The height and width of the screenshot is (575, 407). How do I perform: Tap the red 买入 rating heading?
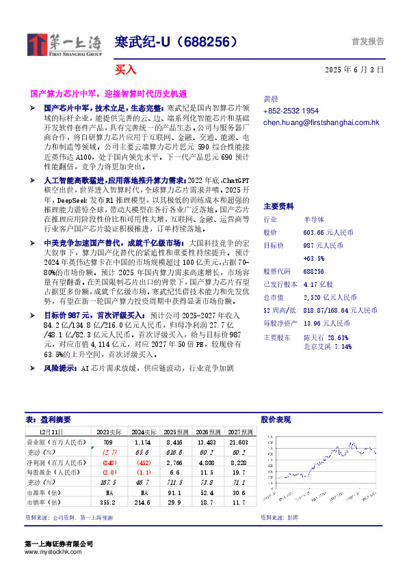pos(125,69)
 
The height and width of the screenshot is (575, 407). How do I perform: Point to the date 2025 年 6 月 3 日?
pos(354,70)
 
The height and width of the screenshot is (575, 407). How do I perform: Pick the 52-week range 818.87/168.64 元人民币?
pos(340,310)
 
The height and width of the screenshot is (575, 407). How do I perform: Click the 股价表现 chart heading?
pos(276,419)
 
